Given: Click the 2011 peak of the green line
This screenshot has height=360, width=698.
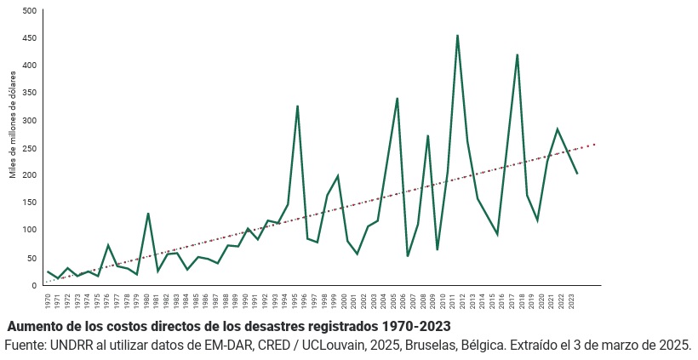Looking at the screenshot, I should (457, 36).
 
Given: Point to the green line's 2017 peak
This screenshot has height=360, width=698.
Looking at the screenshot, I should (517, 55).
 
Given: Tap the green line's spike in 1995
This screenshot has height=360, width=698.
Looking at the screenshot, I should (297, 106).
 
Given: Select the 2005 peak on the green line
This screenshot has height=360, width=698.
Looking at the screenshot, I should (398, 99).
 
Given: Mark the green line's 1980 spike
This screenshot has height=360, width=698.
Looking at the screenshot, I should (148, 214).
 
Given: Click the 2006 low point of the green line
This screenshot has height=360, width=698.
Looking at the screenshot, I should (408, 255).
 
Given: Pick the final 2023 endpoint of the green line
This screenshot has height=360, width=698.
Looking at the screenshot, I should (577, 173).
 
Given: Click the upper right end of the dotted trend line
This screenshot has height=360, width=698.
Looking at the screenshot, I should (595, 144).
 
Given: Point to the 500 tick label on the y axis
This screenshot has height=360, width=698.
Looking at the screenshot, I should (29, 10).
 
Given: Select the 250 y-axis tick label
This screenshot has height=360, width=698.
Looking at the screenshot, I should (29, 147).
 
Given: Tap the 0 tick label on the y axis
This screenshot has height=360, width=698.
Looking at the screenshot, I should (34, 285).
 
